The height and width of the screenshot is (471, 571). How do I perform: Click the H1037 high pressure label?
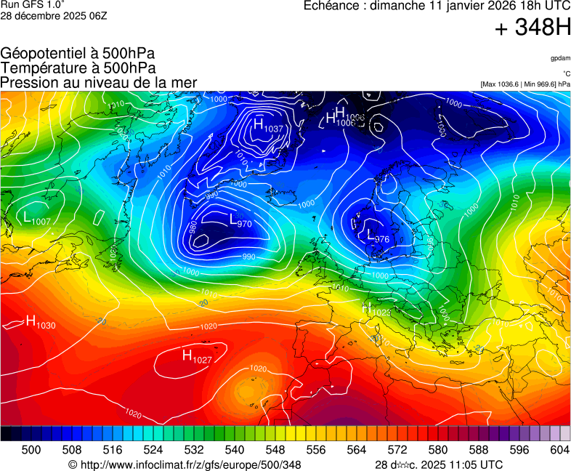267,126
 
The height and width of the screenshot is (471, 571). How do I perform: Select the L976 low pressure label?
377,236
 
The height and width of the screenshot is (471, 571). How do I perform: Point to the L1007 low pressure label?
36,218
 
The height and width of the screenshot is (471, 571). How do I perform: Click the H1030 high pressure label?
40,322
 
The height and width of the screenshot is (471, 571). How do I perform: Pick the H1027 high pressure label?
197,356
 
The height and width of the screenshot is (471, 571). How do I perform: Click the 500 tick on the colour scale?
31,450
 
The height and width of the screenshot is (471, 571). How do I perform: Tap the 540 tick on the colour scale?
235,450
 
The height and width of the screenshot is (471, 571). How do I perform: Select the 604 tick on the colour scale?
559,450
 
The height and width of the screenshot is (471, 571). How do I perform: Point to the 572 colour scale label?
397,450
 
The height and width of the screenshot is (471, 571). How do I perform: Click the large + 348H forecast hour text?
532,28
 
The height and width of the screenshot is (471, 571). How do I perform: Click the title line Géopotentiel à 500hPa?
78,54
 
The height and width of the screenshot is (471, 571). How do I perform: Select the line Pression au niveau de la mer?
99,83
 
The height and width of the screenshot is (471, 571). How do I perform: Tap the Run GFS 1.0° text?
33,5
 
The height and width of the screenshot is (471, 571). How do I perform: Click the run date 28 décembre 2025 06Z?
54,16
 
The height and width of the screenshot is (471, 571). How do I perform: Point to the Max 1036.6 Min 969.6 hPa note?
525,84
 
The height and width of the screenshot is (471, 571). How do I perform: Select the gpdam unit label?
560,57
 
